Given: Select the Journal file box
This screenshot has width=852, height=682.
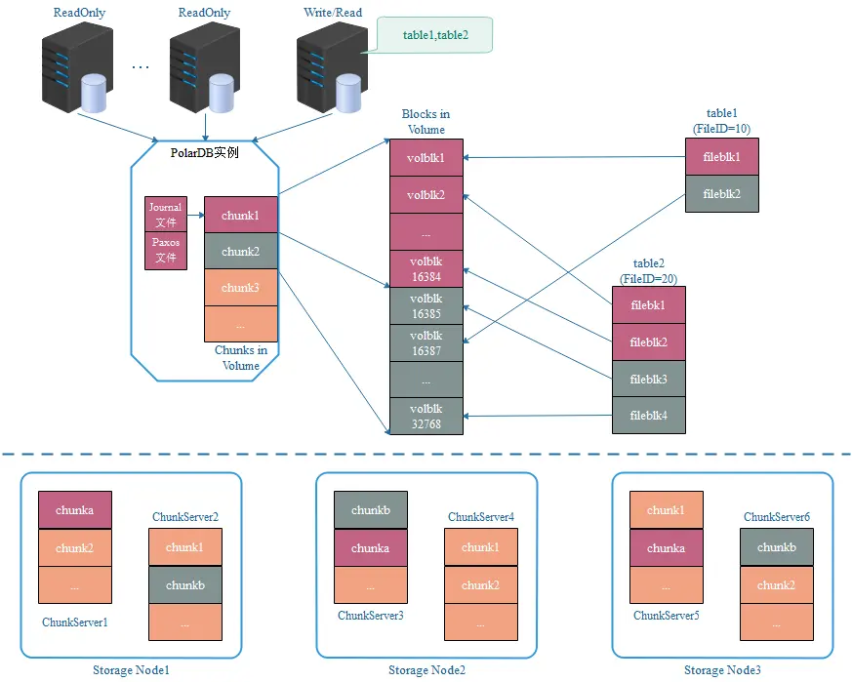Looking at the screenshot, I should click(x=166, y=214).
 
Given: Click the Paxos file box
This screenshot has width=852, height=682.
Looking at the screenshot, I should click(x=166, y=250).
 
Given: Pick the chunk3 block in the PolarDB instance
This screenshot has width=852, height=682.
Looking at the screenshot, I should click(x=240, y=288).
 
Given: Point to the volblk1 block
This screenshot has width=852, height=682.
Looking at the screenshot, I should click(x=426, y=157).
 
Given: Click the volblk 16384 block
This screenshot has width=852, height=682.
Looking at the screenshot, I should click(x=426, y=268).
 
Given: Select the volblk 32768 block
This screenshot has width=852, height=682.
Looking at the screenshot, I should click(x=426, y=416).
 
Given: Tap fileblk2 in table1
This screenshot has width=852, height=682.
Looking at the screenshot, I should click(x=721, y=193).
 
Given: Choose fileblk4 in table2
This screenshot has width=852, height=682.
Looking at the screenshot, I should click(x=648, y=415).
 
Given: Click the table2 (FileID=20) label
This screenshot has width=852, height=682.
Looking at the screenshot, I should click(x=648, y=271).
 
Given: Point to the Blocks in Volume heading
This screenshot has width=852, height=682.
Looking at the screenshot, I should click(x=426, y=122).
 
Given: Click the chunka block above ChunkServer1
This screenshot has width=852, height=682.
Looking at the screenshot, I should click(x=74, y=510).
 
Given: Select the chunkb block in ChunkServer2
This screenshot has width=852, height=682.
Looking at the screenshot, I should click(x=184, y=584).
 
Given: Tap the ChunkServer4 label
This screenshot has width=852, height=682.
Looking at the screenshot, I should click(x=480, y=516).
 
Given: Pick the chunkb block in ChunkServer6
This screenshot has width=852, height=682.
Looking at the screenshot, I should click(x=776, y=547).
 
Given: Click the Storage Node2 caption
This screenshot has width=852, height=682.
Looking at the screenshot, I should click(x=426, y=670).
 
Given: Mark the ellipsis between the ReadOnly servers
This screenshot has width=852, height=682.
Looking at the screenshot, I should click(x=140, y=66).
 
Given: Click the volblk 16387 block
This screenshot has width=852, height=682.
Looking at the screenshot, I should click(x=426, y=342).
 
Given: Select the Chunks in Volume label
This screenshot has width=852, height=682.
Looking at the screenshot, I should click(x=240, y=358).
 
